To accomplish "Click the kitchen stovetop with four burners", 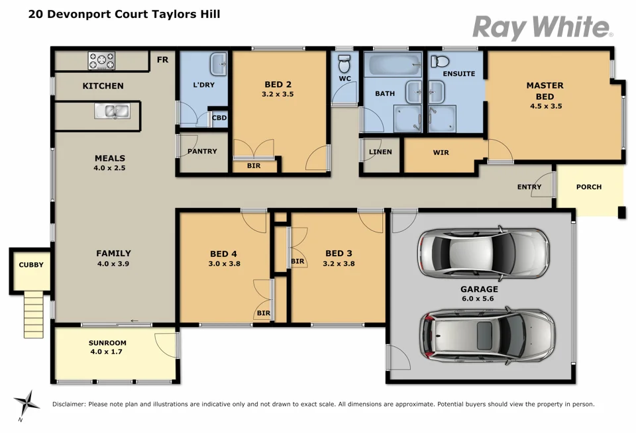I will (x=101, y=61).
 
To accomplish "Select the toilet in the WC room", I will (x=344, y=65).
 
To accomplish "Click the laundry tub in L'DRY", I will (x=219, y=65).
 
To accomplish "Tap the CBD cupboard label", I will (x=219, y=119).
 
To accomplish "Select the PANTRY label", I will (x=202, y=152).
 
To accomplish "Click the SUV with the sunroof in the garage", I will (x=487, y=335).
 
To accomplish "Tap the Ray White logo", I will (x=542, y=28).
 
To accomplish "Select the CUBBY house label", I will (x=31, y=265).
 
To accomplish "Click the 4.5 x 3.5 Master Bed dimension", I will (x=545, y=106).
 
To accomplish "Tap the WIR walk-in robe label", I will (x=441, y=153).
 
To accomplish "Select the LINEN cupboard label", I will (x=380, y=152).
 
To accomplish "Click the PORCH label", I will (x=588, y=187).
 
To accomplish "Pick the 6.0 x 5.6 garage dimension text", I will (x=479, y=299).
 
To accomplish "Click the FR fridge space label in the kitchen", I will (x=162, y=60).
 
